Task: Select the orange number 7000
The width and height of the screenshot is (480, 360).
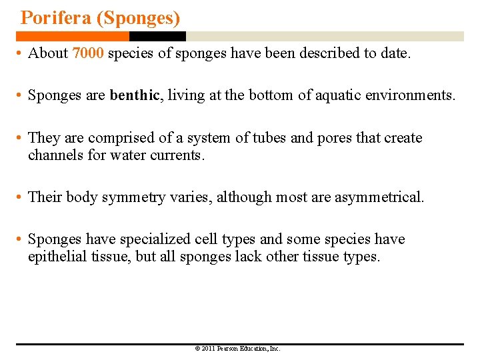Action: [87, 53]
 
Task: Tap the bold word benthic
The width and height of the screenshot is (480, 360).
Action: [135, 95]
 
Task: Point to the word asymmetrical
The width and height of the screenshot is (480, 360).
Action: [379, 197]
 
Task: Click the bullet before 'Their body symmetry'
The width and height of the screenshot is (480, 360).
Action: [21, 198]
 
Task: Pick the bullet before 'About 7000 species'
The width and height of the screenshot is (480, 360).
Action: [21, 54]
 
